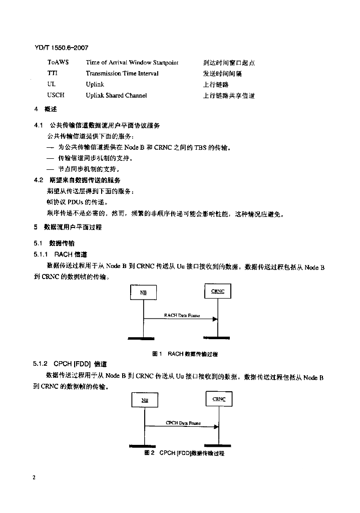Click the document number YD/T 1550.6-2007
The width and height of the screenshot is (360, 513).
pyautogui.click(x=61, y=48)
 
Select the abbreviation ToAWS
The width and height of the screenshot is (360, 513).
pyautogui.click(x=59, y=63)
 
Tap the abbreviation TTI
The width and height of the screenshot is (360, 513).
pyautogui.click(x=52, y=74)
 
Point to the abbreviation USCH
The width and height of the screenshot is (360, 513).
pyautogui.click(x=56, y=95)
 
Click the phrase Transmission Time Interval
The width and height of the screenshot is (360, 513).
pyautogui.click(x=122, y=74)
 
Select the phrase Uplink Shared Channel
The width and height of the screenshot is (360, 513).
pyautogui.click(x=116, y=95)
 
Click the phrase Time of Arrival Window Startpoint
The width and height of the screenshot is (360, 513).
pyautogui.click(x=132, y=63)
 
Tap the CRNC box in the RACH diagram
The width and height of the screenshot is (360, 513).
pyautogui.click(x=218, y=291)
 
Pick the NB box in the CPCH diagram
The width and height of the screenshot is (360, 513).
pyautogui.click(x=144, y=400)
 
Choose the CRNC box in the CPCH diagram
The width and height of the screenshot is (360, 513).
pyautogui.click(x=219, y=399)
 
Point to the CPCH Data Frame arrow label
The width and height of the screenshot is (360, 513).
pyautogui.click(x=183, y=423)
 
